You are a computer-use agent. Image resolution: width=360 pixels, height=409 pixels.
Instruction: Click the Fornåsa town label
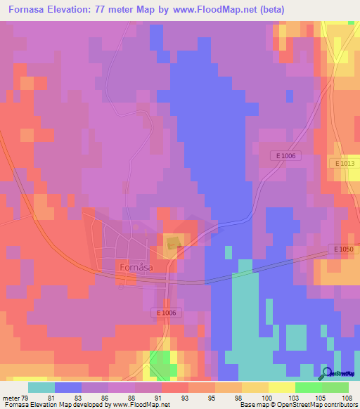135,268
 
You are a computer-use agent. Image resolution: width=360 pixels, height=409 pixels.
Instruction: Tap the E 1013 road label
345,163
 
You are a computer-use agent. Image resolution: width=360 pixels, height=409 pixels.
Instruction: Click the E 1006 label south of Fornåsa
169,313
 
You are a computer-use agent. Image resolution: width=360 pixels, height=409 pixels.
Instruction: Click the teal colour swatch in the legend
41,387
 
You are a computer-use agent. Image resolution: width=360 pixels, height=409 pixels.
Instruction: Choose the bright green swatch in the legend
309,387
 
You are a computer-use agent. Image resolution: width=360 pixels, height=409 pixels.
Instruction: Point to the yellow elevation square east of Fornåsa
172,243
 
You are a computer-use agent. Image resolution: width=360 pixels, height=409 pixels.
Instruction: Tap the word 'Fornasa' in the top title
29,11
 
